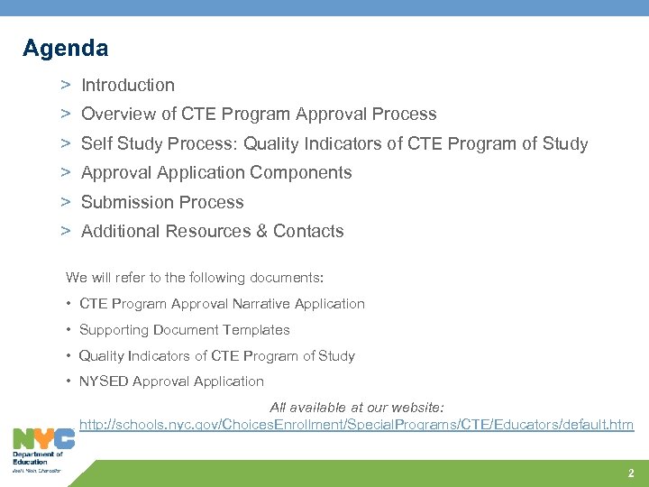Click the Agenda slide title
[65, 48]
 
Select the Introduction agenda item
[128, 86]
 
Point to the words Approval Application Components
[216, 172]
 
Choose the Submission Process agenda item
[162, 202]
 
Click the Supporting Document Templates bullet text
[185, 330]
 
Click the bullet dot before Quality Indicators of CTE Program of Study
[69, 356]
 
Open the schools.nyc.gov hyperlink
[356, 424]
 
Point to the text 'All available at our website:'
[357, 408]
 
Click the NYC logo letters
[43, 439]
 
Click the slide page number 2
[631, 473]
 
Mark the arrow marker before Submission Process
[66, 202]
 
